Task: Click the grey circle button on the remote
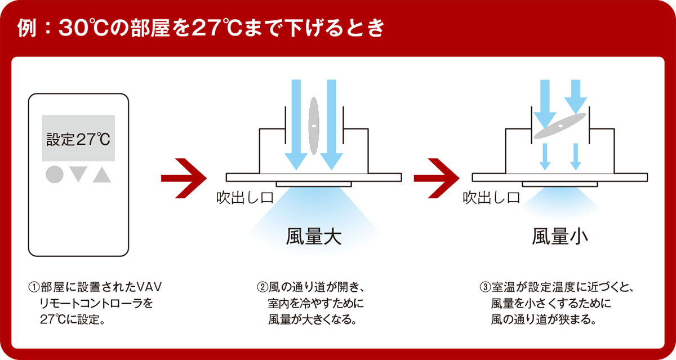(54, 175)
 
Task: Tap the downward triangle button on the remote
(78, 175)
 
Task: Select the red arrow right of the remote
(181, 178)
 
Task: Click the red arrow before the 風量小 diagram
(434, 178)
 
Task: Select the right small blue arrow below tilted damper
(575, 157)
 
